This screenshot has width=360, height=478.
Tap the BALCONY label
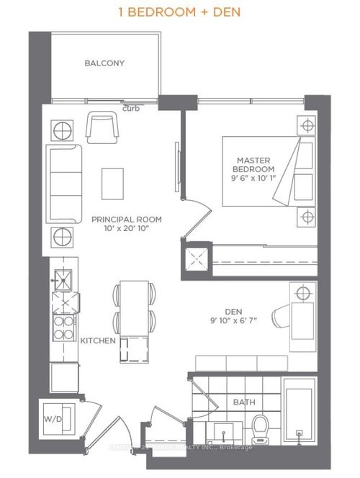[104, 63]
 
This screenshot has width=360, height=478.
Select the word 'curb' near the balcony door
[131, 109]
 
